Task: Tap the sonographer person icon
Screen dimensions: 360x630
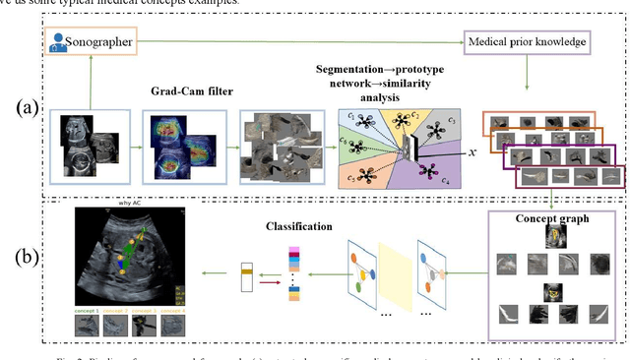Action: point(60,42)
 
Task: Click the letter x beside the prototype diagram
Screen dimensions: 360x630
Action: point(472,153)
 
